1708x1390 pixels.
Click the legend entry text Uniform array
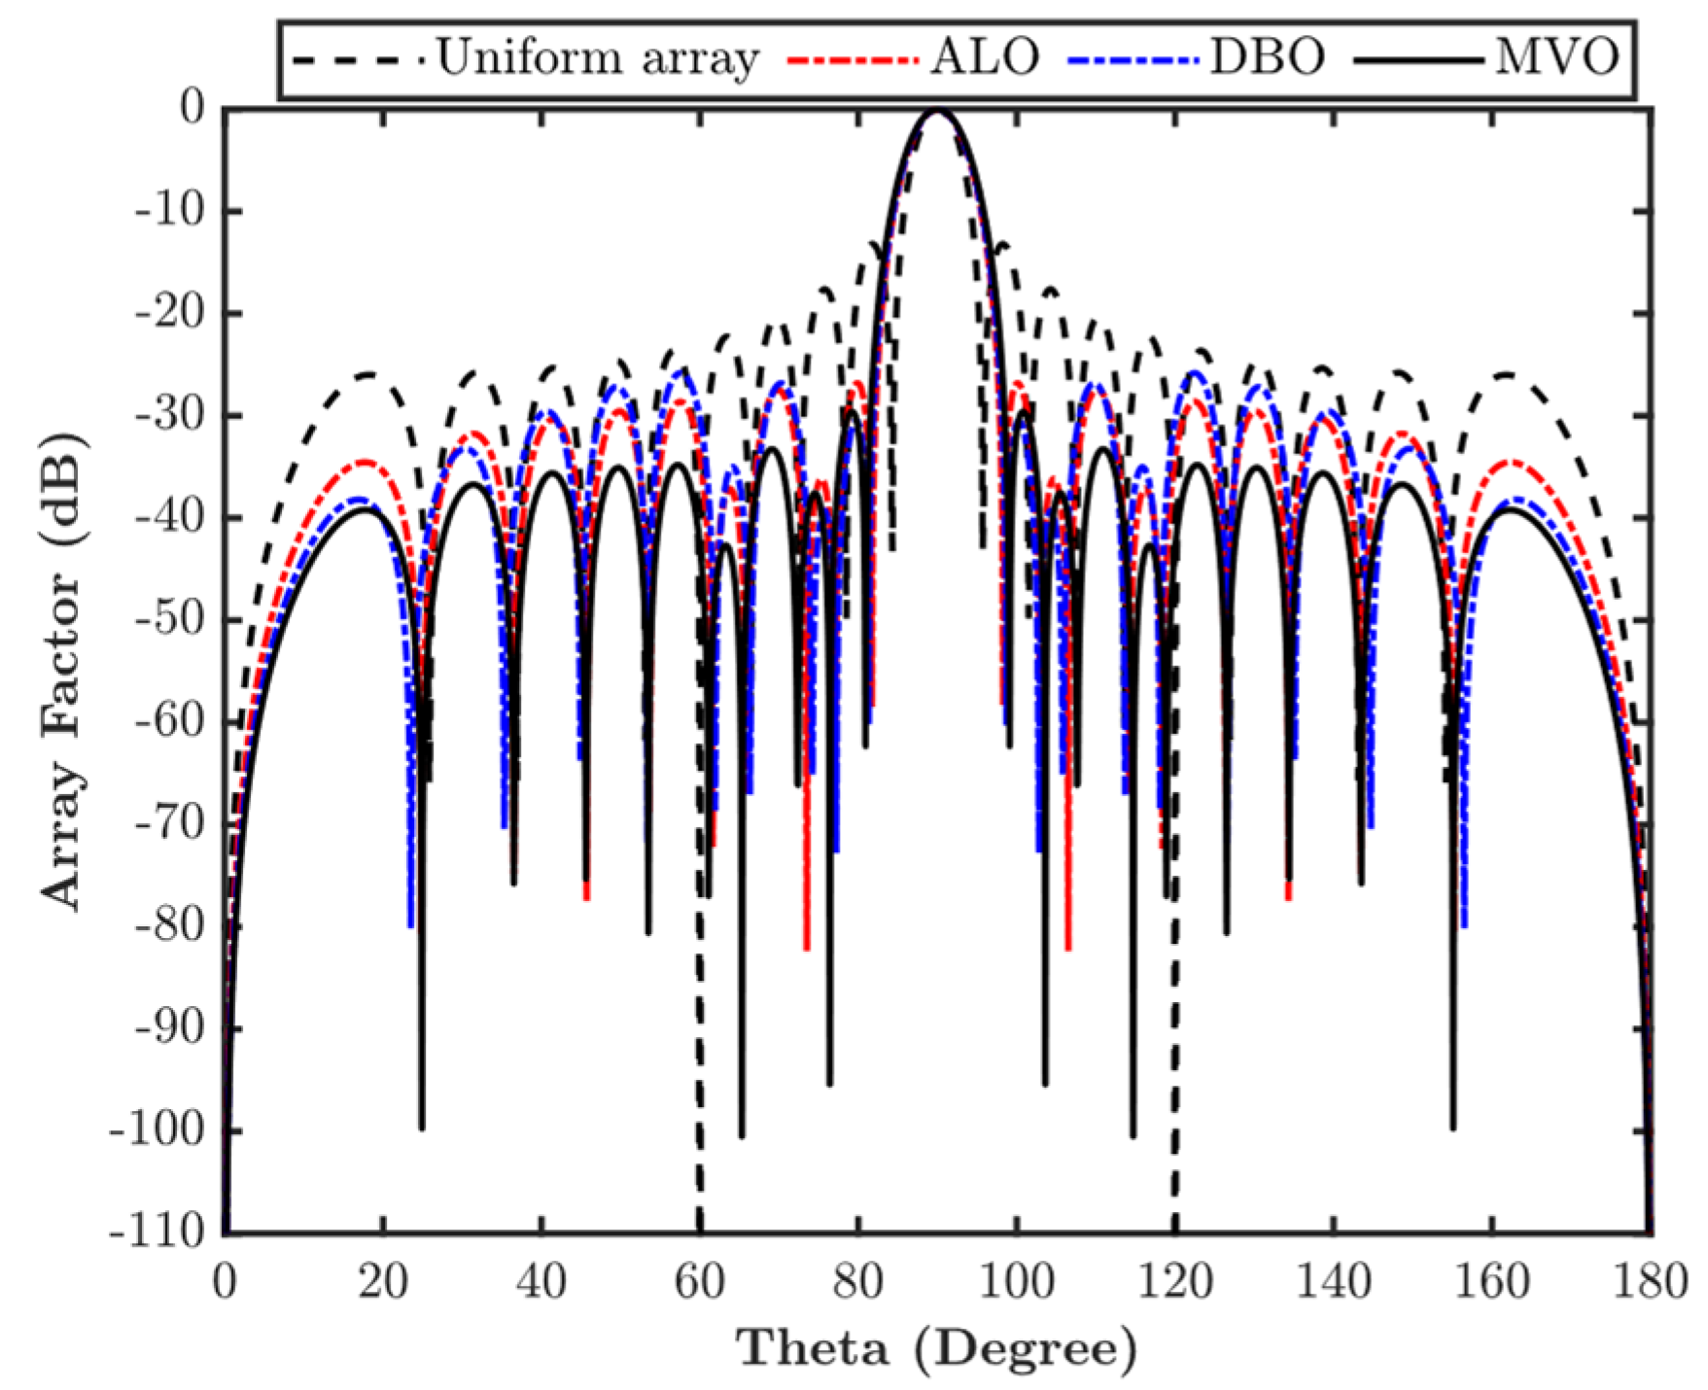(x=596, y=58)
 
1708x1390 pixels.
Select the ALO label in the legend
(x=985, y=58)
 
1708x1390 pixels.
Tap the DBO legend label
(x=1267, y=58)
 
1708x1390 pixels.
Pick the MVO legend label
(x=1556, y=58)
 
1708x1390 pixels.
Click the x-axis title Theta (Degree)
(x=936, y=1348)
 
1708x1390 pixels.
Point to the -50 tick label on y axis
(x=170, y=619)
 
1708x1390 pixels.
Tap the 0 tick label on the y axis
(x=193, y=109)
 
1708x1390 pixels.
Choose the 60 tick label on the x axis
(x=699, y=1282)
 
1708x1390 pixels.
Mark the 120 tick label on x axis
(x=1174, y=1282)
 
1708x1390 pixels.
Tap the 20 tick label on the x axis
(x=382, y=1282)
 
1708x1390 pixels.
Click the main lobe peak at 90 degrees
(x=937, y=112)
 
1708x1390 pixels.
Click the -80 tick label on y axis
(x=170, y=925)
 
